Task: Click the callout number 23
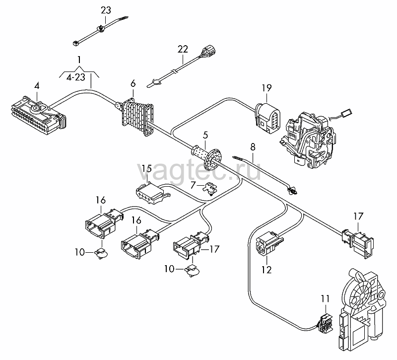pyautogui.click(x=106, y=10)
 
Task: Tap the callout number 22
pyautogui.click(x=183, y=49)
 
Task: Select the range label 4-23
pyautogui.click(x=76, y=77)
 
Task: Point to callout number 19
pyautogui.click(x=266, y=88)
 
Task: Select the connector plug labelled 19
pyautogui.click(x=267, y=118)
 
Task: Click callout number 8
pyautogui.click(x=253, y=147)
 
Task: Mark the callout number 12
pyautogui.click(x=266, y=270)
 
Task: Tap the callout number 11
pyautogui.click(x=326, y=299)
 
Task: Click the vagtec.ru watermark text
pyautogui.click(x=199, y=168)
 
